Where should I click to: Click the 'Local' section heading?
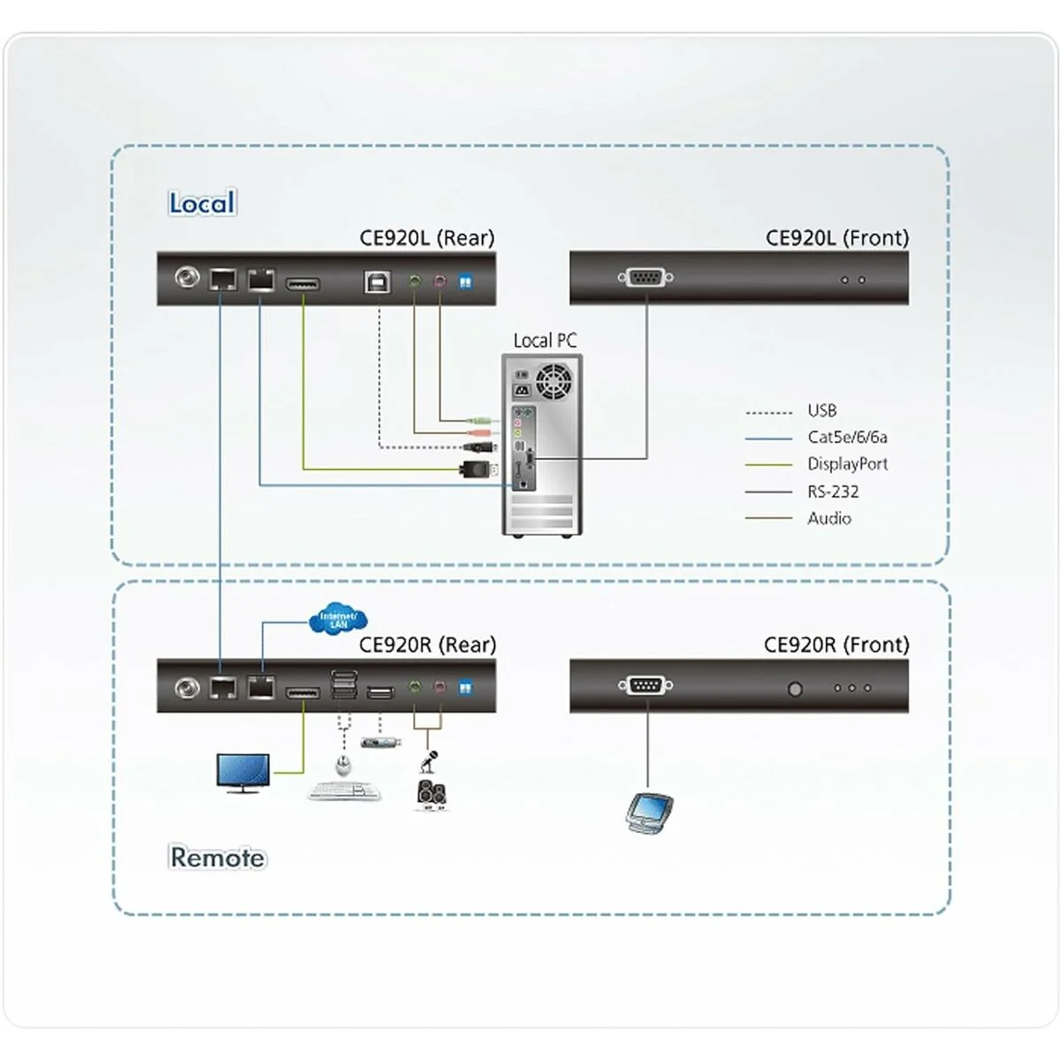(x=202, y=203)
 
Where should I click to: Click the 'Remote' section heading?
(x=217, y=857)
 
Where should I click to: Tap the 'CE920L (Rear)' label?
(x=427, y=238)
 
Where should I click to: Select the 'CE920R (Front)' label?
(x=836, y=645)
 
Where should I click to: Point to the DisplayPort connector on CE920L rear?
(x=303, y=284)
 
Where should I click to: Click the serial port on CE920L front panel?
(x=645, y=279)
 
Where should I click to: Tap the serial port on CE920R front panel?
(x=645, y=685)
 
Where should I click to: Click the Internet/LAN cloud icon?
(x=338, y=620)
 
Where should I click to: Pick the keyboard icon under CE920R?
(x=345, y=791)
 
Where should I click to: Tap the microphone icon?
(x=431, y=760)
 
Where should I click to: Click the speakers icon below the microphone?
(x=431, y=795)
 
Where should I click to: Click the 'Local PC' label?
(x=545, y=340)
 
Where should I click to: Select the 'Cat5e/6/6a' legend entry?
(x=846, y=437)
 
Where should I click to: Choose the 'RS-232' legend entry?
(x=832, y=492)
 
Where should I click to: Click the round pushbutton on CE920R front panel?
(x=795, y=688)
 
